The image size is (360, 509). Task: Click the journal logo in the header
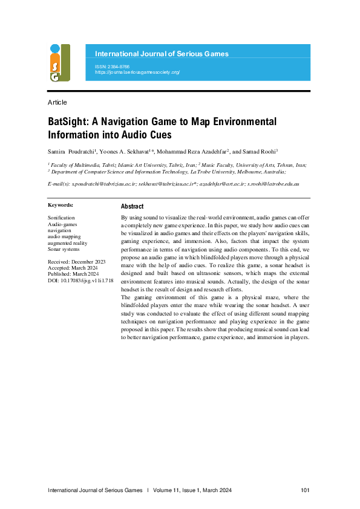pyautogui.click(x=59, y=63)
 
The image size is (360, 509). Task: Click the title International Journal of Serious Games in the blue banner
pyautogui.click(x=162, y=54)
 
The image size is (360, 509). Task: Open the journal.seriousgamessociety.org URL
pyautogui.click(x=137, y=72)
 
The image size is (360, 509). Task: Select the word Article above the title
pyautogui.click(x=57, y=102)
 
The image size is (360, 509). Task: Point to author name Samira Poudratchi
pyautogui.click(x=70, y=151)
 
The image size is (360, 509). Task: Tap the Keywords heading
pyautogui.click(x=61, y=206)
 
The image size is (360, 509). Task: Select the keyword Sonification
pyautogui.click(x=61, y=217)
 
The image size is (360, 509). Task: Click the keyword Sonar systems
pyautogui.click(x=64, y=248)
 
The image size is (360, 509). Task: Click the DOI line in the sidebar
pyautogui.click(x=80, y=280)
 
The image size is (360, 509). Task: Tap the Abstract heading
pyautogui.click(x=132, y=206)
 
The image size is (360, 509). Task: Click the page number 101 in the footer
pyautogui.click(x=305, y=490)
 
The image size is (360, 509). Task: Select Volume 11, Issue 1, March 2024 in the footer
pyautogui.click(x=192, y=490)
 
